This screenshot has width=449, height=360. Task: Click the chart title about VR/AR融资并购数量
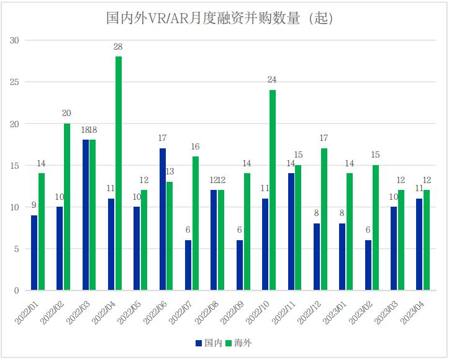(220, 18)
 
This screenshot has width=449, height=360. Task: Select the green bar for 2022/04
(118, 173)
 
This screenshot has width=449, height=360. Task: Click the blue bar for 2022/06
(163, 219)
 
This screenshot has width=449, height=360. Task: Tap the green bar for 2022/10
(272, 190)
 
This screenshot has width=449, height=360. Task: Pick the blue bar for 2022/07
(188, 265)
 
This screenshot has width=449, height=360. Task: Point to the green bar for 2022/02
(66, 207)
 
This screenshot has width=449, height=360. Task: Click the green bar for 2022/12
(324, 219)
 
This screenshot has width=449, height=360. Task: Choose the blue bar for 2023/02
(368, 265)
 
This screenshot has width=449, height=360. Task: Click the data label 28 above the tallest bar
(118, 47)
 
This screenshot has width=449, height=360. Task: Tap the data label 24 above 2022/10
(272, 80)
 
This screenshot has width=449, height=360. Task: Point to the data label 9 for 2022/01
(34, 205)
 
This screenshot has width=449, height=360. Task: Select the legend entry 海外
(238, 343)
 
